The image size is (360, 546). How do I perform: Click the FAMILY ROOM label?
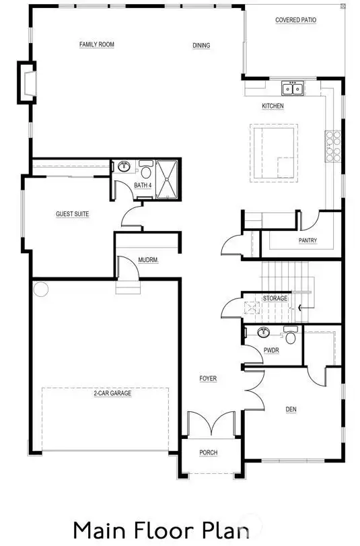click(x=97, y=44)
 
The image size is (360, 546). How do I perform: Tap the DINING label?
click(x=201, y=45)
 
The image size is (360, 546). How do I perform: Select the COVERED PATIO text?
click(x=295, y=20)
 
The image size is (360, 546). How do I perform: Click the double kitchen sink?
click(x=293, y=88)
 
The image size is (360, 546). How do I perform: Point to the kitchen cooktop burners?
click(x=333, y=146)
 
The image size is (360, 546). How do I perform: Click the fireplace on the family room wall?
click(x=27, y=83)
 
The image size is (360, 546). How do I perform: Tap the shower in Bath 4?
click(x=167, y=179)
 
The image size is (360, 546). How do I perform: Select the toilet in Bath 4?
click(x=146, y=169)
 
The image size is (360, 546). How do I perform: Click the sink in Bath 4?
click(x=124, y=166)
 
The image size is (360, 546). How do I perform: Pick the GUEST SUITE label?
click(x=73, y=214)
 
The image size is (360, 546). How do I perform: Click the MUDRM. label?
click(x=148, y=260)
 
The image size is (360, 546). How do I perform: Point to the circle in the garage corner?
click(x=41, y=289)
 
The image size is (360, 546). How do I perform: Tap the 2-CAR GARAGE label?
click(x=112, y=393)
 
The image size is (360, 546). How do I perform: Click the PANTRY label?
click(x=308, y=240)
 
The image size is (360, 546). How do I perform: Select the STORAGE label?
click(x=275, y=298)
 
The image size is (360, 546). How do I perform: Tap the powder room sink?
click(x=264, y=332)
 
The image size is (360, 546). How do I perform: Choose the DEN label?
click(x=291, y=409)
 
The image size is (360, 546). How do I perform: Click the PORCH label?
click(x=209, y=452)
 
